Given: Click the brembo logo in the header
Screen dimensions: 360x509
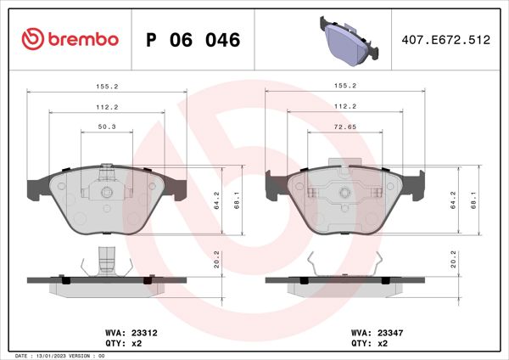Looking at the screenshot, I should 70,39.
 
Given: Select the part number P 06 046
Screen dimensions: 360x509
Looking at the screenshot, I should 193,40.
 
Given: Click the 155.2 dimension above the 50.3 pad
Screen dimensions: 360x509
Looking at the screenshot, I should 107,86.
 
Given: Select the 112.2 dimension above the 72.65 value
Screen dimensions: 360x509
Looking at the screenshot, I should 344,106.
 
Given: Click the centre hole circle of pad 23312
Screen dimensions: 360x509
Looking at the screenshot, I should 107,194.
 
